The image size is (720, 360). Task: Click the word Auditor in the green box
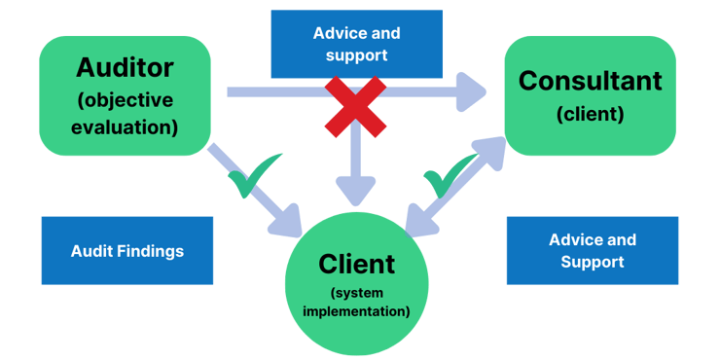click(x=125, y=68)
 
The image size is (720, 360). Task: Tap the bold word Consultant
click(x=590, y=80)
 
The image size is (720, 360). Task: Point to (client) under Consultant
click(x=590, y=114)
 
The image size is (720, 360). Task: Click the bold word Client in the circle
click(x=356, y=263)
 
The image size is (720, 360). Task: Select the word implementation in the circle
click(x=356, y=311)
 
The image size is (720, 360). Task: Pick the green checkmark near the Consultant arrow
click(x=447, y=178)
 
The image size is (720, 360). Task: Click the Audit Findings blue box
click(x=126, y=251)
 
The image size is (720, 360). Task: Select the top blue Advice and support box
click(x=356, y=44)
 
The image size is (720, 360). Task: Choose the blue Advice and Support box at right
click(x=592, y=251)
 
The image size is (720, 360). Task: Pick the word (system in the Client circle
click(x=356, y=293)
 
